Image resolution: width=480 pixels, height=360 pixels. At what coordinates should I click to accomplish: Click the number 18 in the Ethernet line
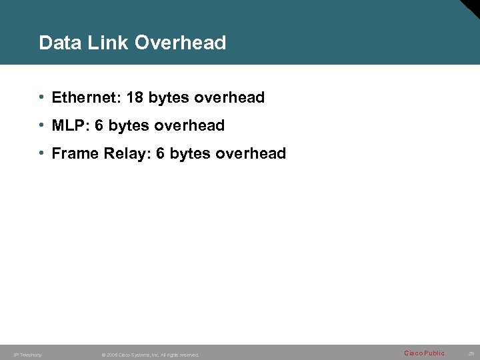point(135,98)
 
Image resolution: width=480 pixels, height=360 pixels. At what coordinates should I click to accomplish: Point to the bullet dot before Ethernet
point(42,97)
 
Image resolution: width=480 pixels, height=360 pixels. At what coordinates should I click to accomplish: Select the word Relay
point(127,154)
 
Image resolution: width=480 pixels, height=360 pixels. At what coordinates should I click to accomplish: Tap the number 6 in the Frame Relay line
point(160,154)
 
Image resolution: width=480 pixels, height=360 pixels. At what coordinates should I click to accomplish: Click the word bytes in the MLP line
point(127,126)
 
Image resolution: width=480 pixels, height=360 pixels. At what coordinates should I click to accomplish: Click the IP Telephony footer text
point(27,355)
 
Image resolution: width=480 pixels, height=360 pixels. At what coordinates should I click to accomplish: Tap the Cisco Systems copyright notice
point(150,355)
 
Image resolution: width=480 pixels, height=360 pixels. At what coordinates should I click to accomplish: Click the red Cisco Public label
point(424,353)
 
